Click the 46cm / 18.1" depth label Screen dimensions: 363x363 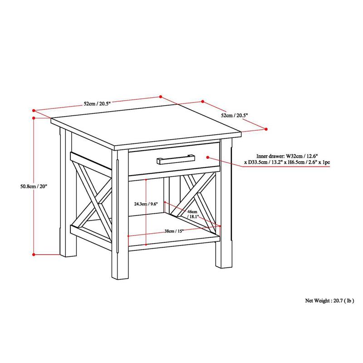[x=192, y=214]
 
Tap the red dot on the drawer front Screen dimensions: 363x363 [x=207, y=157]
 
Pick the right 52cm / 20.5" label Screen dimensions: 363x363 [x=234, y=116]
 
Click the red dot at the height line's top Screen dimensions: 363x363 [x=34, y=118]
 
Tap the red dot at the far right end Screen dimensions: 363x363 [x=266, y=129]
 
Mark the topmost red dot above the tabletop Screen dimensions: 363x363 [x=160, y=96]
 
